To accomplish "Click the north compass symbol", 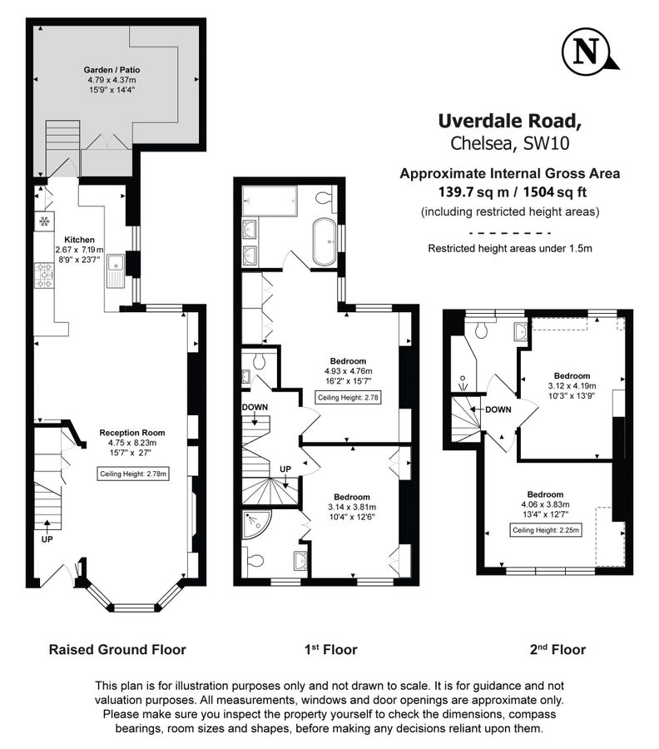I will click(588, 52).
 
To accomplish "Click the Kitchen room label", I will click(91, 239).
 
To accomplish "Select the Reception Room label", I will click(131, 433).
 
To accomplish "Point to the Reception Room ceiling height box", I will click(132, 474).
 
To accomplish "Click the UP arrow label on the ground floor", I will click(47, 539).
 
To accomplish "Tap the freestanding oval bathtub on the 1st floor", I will click(324, 242).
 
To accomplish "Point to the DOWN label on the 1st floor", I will click(255, 407).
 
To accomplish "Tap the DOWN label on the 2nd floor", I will click(498, 409).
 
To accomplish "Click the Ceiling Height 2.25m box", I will click(546, 530).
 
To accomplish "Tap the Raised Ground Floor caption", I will click(117, 649).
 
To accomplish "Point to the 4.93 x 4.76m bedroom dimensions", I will click(348, 371).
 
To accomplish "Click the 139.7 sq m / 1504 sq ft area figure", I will click(509, 193).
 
